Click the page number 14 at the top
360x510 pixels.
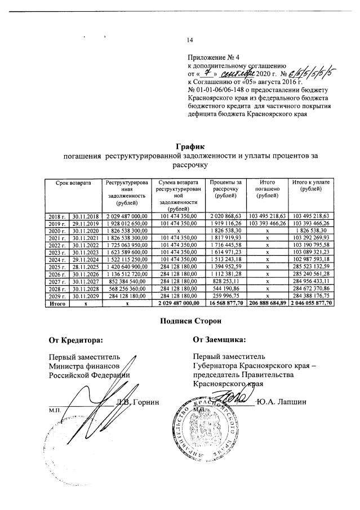190,39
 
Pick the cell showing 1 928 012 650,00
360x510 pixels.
126,223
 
